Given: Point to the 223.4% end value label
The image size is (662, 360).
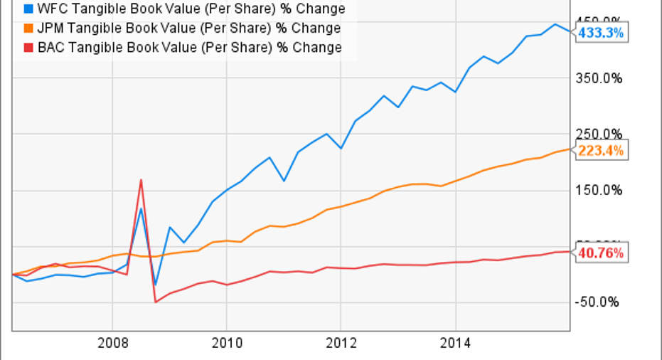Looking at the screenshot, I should click(602, 151).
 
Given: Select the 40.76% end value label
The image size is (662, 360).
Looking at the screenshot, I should click(602, 253).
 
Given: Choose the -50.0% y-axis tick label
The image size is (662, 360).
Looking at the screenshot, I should click(598, 302).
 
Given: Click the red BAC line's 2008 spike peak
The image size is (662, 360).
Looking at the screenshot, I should click(142, 179).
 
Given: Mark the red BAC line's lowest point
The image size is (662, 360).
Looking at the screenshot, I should click(156, 302).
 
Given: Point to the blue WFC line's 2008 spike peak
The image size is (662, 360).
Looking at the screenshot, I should click(142, 208).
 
